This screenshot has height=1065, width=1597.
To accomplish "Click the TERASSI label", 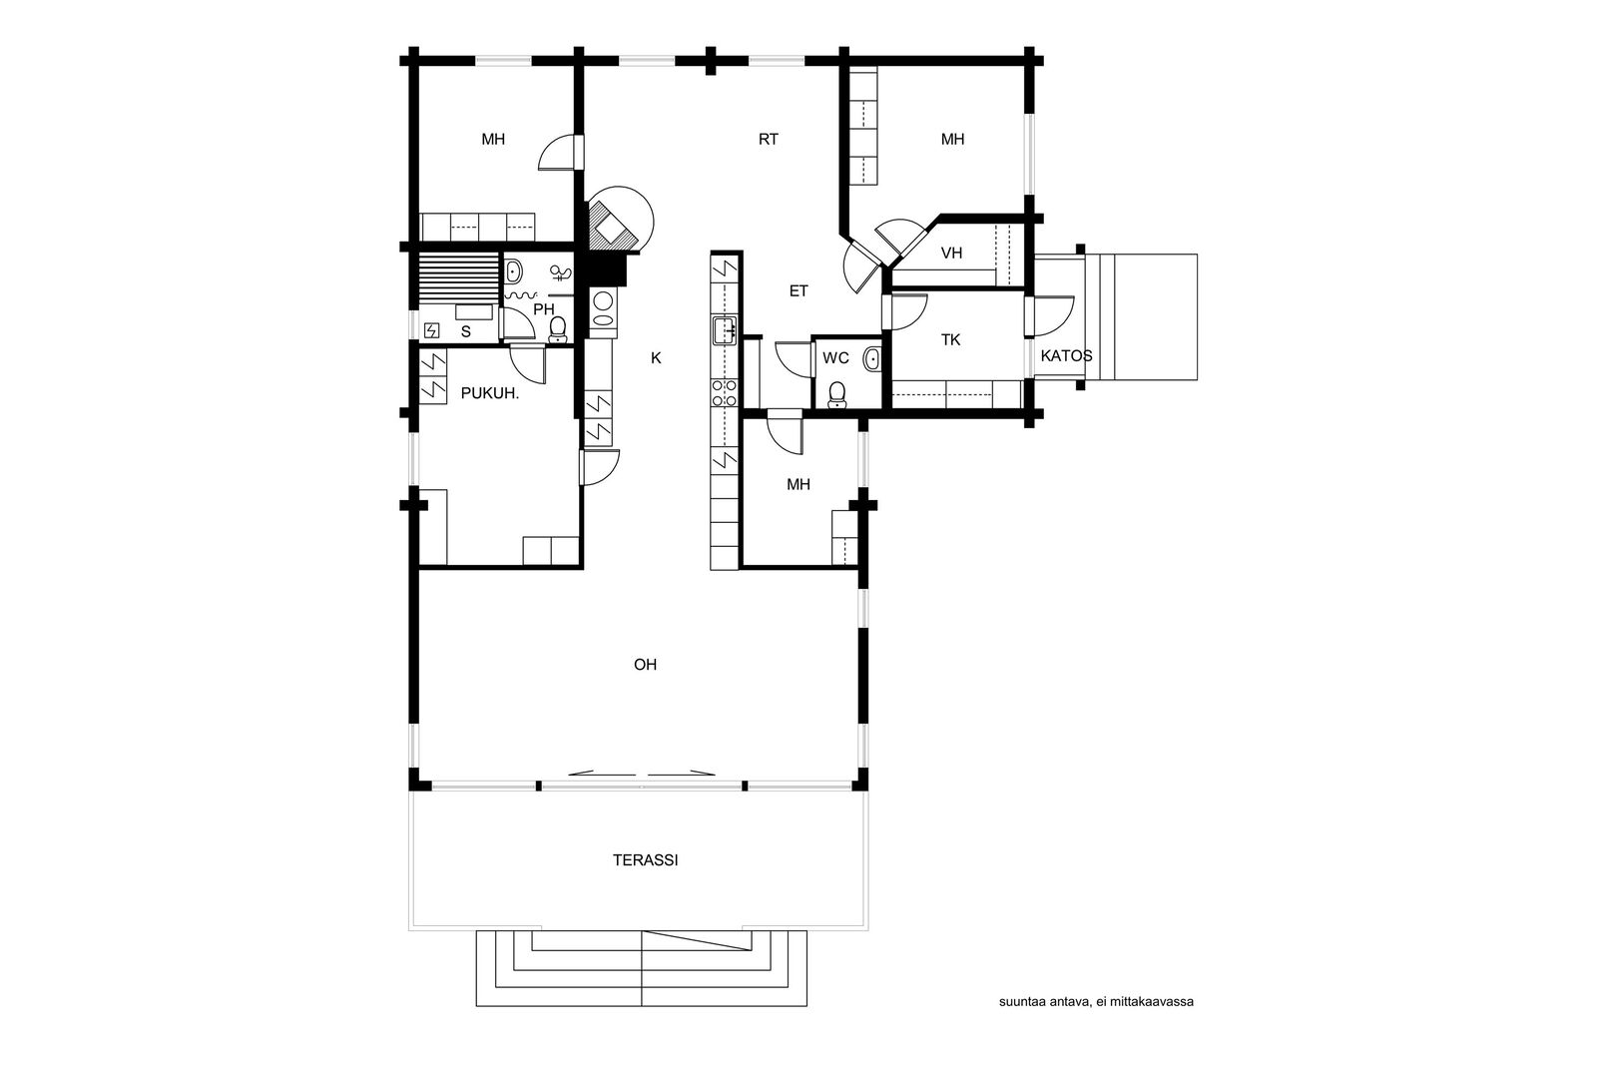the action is click(x=645, y=860).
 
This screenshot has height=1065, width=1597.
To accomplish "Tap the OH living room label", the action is click(x=645, y=665).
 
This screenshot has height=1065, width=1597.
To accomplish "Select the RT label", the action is click(x=768, y=139).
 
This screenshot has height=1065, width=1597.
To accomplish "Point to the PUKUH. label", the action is click(x=489, y=393).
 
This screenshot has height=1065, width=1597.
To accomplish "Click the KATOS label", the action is click(x=1067, y=355).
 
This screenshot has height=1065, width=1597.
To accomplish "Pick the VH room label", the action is click(x=952, y=254).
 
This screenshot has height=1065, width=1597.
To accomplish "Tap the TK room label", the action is click(x=950, y=340).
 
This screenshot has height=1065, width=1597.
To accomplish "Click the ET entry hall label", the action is click(x=798, y=290).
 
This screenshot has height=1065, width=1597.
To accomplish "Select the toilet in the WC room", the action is click(x=837, y=395).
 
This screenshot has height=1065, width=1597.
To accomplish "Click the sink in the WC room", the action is click(x=872, y=359).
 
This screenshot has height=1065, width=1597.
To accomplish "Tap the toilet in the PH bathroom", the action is click(x=558, y=329).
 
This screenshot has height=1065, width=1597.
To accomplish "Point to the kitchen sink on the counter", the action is click(x=725, y=330).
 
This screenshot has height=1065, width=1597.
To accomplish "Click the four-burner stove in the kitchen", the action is click(x=725, y=393).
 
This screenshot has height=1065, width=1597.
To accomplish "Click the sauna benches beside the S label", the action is click(x=458, y=277).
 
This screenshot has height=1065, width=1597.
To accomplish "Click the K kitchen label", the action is click(x=656, y=358).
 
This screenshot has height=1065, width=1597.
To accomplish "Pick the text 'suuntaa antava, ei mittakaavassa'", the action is click(x=1096, y=1001).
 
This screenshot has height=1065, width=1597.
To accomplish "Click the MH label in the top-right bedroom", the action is click(x=952, y=139).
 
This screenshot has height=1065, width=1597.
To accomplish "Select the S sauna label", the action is click(x=465, y=331).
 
